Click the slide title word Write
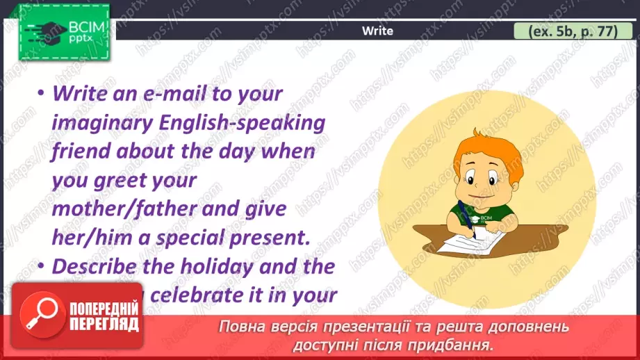coord(377,31)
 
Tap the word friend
coord(77,151)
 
